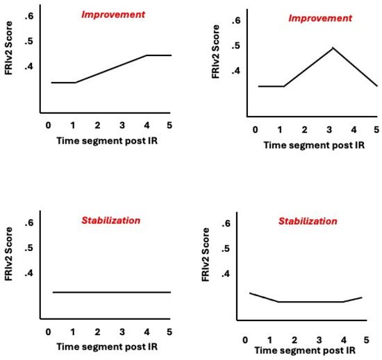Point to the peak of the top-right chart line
coord(333,48)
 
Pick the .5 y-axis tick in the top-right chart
coord(235,46)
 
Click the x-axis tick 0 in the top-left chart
coord(48,125)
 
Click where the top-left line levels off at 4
coord(147,55)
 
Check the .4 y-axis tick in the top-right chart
coord(235,71)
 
